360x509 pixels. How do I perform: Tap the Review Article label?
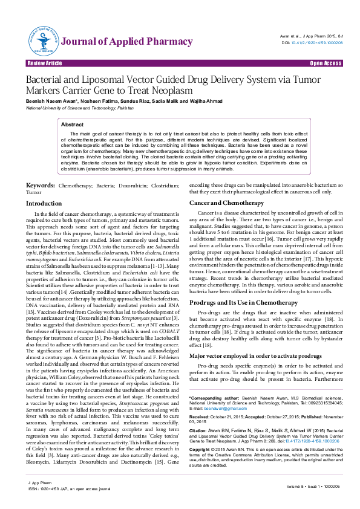coord(44,63)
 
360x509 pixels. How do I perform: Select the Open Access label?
coord(326,63)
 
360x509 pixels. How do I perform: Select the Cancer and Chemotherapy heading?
coord(226,203)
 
